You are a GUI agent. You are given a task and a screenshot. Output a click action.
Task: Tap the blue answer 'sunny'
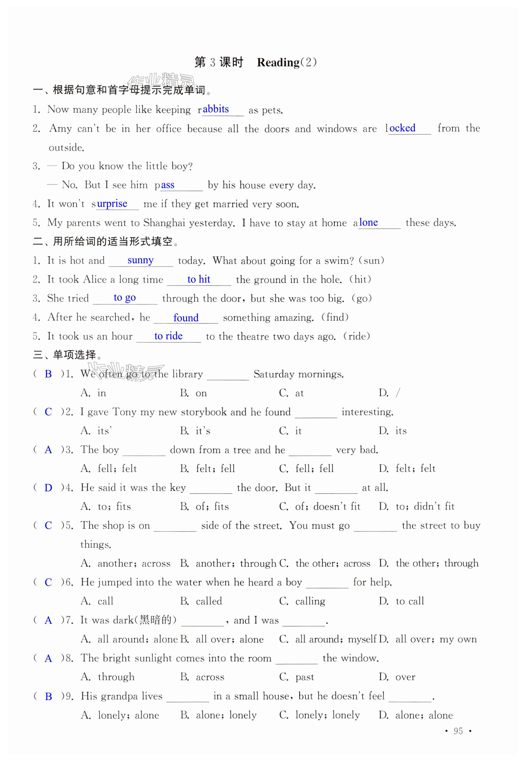(141, 260)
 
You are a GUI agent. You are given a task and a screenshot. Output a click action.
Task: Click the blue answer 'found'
(186, 318)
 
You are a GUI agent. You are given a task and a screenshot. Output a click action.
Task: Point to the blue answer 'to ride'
(168, 336)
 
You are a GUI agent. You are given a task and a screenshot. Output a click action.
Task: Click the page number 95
(458, 731)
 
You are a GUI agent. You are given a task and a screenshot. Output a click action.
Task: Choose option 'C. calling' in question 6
(302, 601)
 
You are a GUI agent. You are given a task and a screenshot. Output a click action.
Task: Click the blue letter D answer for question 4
(48, 488)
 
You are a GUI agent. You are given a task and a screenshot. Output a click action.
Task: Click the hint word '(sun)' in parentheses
(371, 260)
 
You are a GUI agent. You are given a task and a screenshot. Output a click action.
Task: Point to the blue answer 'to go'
(125, 298)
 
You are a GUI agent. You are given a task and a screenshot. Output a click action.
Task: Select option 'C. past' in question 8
(297, 677)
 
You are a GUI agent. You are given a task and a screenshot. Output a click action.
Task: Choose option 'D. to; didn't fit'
(417, 506)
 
